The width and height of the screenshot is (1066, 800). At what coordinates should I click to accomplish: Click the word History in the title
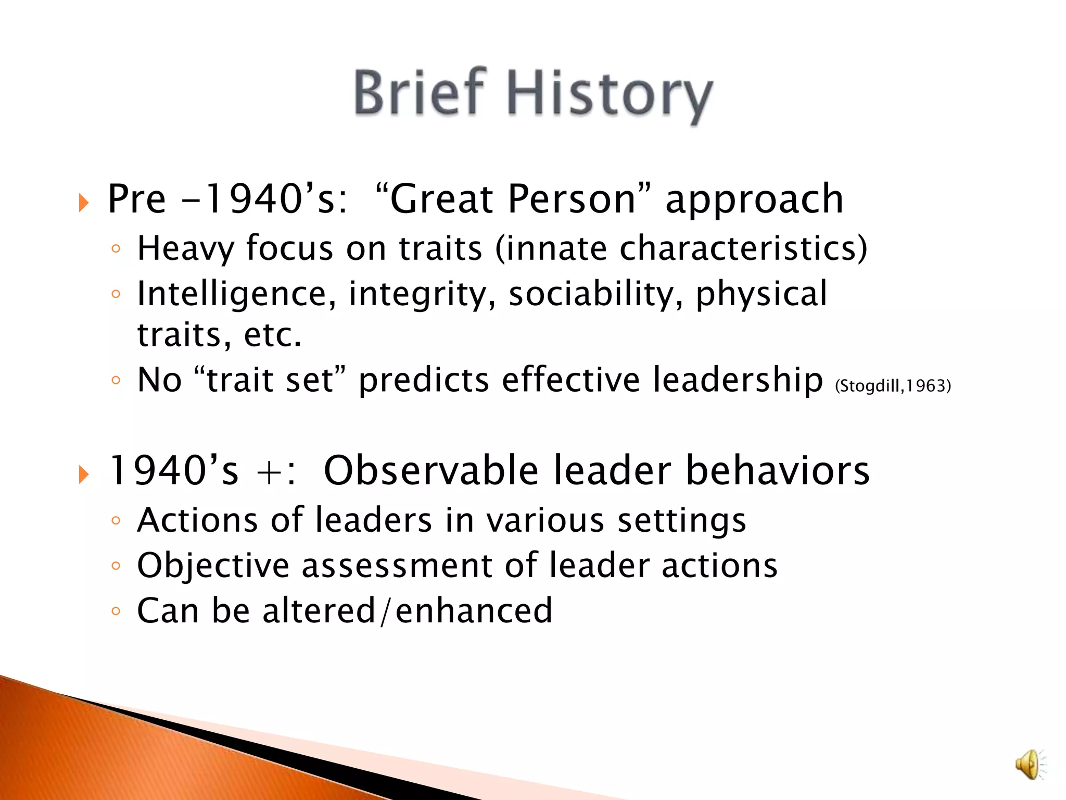tap(609, 95)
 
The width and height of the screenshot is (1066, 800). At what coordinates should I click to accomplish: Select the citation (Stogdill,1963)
tap(893, 386)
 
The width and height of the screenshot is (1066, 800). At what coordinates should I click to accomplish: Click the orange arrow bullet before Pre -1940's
tap(84, 202)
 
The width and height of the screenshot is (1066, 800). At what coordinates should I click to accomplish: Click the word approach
tap(754, 201)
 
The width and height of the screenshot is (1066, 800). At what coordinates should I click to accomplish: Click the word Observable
tap(430, 470)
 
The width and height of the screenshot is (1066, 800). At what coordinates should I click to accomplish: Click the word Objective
tap(213, 566)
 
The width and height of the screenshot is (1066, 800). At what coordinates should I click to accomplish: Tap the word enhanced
tap(473, 611)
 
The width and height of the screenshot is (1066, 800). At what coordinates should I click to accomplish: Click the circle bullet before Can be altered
tap(116, 611)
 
